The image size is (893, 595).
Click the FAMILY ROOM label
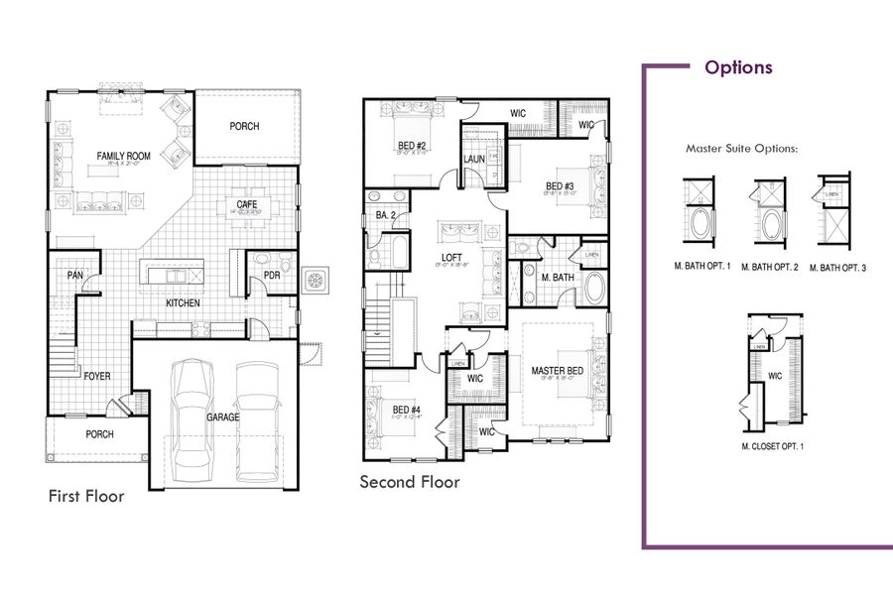coord(123,156)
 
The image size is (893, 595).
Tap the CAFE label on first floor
coord(247,204)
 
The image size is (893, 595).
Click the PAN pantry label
coord(73,276)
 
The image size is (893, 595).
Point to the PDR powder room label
coord(272,276)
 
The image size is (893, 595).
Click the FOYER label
coord(96,377)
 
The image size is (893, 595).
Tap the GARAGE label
coord(222,418)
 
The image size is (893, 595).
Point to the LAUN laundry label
coord(472,159)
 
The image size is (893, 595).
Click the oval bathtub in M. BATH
coord(594,289)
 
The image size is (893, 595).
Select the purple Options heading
coord(738,67)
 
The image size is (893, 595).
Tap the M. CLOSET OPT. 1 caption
coord(772,446)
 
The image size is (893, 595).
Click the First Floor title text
coord(86,496)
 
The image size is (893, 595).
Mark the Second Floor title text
coord(409,482)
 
